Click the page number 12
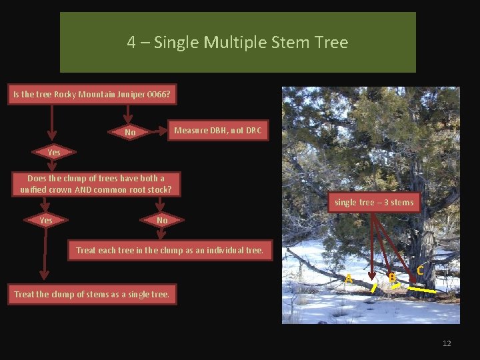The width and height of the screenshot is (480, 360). [x=447, y=343]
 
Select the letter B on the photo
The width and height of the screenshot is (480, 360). [x=392, y=276]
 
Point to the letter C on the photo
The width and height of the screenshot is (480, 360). [x=421, y=271]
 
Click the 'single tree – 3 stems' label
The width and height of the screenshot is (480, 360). [x=374, y=203]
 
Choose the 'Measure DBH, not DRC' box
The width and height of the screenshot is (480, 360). [x=217, y=131]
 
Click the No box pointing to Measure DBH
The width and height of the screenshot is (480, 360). [x=130, y=133]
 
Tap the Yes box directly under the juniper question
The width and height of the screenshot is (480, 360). [x=54, y=153]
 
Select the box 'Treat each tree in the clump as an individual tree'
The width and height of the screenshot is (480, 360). [x=170, y=251]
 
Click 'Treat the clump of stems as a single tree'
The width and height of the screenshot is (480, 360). [x=92, y=294]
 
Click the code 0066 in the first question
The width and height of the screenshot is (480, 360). [x=160, y=95]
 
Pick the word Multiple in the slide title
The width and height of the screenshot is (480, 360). [x=233, y=43]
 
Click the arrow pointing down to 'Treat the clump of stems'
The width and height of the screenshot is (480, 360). [x=44, y=267]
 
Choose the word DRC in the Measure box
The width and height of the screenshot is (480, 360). [x=253, y=131]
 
